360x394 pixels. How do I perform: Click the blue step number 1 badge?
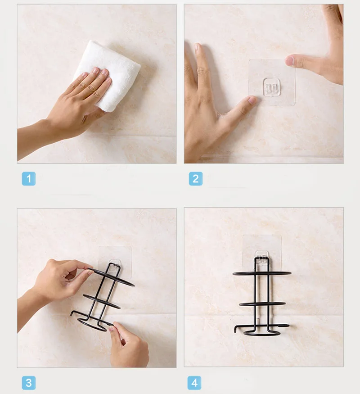tap(29, 179)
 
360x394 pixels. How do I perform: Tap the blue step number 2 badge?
tap(196, 179)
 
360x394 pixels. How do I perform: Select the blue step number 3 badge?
tap(29, 383)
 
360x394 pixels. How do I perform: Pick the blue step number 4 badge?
tap(194, 383)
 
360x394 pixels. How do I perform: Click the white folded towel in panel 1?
tap(110, 73)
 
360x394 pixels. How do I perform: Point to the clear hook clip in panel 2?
tap(271, 87)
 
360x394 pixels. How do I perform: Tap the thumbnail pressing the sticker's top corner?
tap(289, 61)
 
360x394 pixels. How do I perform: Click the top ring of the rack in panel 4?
tap(262, 273)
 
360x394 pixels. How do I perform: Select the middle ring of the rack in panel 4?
tap(262, 304)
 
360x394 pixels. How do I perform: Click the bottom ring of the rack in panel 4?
tap(262, 334)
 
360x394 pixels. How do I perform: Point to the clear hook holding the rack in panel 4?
tap(262, 259)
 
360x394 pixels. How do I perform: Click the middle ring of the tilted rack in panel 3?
tap(101, 302)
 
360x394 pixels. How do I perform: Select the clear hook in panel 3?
tap(115, 265)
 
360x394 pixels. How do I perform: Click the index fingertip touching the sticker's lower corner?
tap(252, 100)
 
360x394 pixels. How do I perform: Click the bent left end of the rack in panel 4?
tap(235, 329)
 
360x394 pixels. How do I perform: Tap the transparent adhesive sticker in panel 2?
tap(272, 82)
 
